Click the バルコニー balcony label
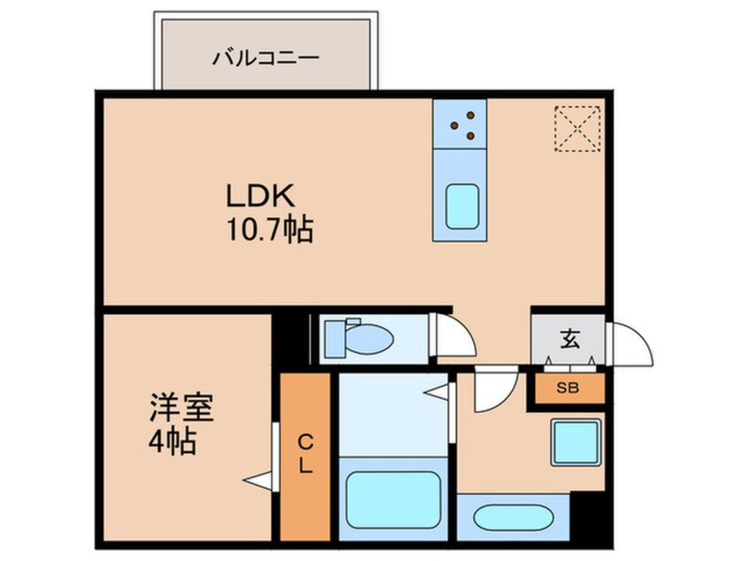[x=265, y=60]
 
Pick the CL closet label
[x=304, y=454]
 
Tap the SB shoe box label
[x=565, y=388]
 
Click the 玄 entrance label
[x=568, y=337]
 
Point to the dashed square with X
[x=577, y=129]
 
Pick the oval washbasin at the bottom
[x=512, y=517]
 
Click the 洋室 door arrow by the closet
[x=258, y=480]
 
